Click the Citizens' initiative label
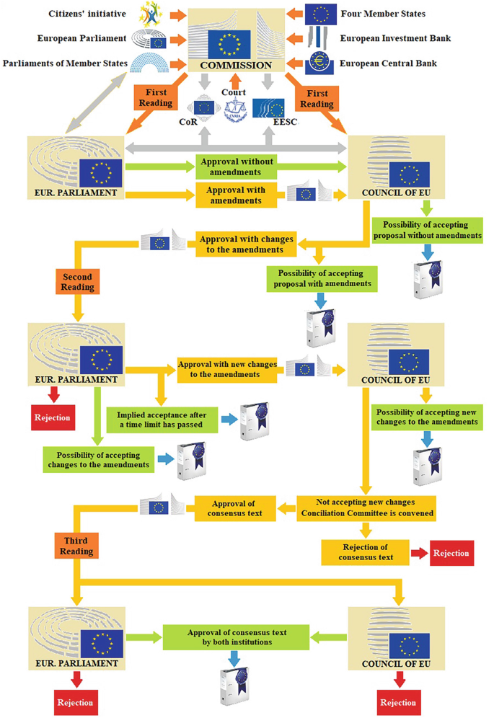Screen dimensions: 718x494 87,14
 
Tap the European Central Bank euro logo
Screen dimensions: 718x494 318,63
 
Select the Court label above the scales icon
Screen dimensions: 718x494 234,92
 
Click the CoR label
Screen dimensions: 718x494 188,122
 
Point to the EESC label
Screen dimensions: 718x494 286,122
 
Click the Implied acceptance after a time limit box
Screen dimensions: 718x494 162,420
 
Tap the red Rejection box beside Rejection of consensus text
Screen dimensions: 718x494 451,553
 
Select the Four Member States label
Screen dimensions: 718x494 383,14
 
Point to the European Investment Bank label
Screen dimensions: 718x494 396,38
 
